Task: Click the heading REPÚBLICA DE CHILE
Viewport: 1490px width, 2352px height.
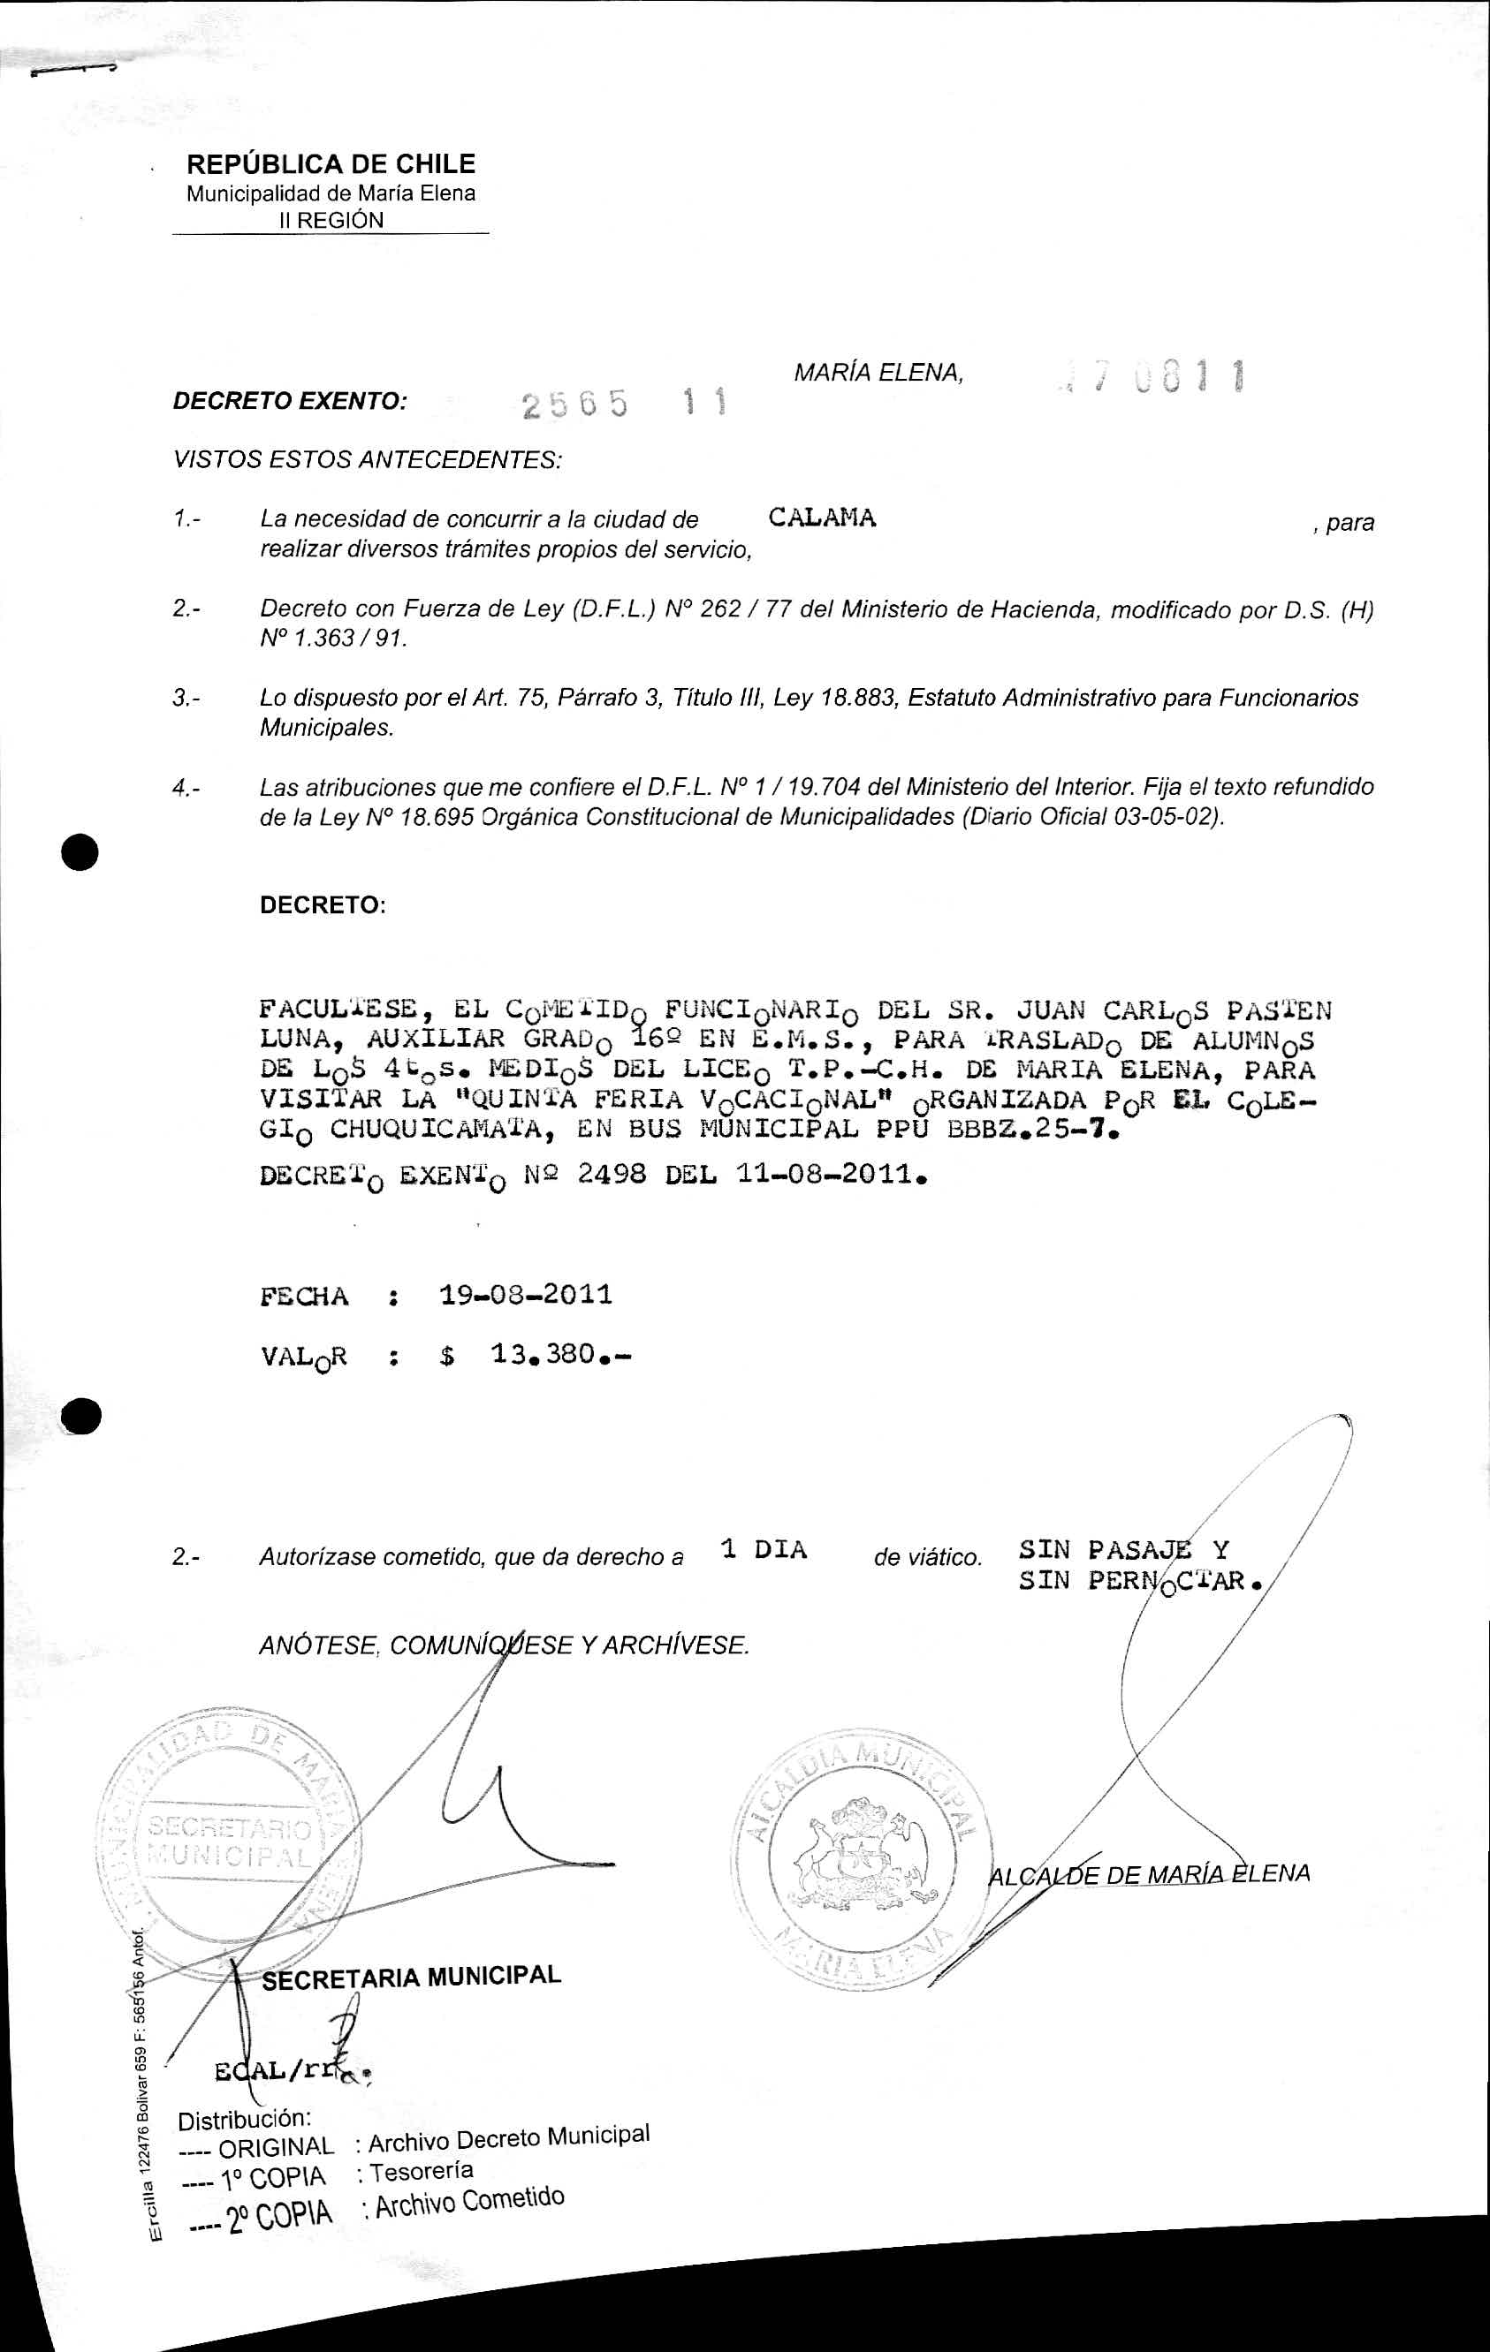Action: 331,164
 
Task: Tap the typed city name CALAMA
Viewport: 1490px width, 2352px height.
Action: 822,518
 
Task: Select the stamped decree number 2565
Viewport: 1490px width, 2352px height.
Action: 574,405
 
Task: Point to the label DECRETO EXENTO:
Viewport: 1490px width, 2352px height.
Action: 289,400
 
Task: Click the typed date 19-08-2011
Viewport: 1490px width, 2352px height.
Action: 526,1295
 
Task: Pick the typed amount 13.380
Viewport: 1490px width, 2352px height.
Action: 544,1354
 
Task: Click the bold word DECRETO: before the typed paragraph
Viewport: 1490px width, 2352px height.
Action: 323,904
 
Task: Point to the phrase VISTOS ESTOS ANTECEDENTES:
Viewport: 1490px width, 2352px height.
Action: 368,459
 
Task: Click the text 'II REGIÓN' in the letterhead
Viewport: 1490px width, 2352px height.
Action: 332,221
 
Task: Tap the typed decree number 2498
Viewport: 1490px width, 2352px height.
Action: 611,1173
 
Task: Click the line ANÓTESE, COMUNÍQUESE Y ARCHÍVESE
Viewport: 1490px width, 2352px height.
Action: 503,1645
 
